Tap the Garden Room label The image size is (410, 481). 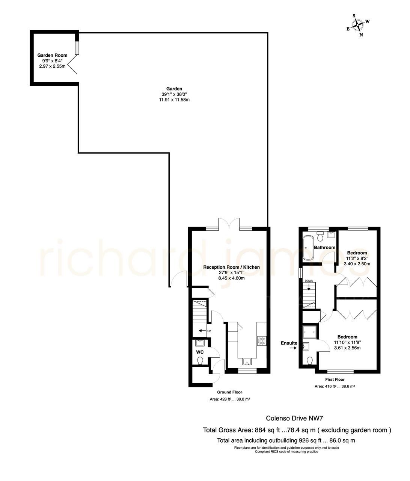52,55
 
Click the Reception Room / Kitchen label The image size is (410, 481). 231,267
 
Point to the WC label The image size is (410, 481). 200,352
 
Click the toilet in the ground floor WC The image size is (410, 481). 200,361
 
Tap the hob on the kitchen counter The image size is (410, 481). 262,341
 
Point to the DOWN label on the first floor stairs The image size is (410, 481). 309,281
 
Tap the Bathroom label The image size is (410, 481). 324,248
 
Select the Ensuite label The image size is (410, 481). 289,343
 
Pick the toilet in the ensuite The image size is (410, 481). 309,361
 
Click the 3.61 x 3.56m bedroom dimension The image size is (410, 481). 347,348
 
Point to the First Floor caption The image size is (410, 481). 335,380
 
